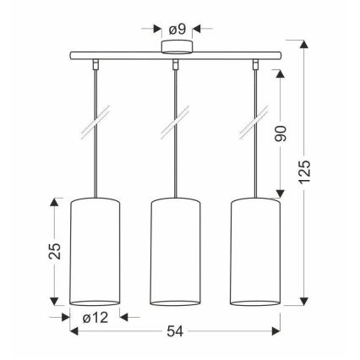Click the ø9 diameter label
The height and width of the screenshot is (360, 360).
click(x=177, y=30)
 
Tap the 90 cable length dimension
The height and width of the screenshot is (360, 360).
click(x=281, y=134)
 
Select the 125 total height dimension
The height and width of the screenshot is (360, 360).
click(x=304, y=172)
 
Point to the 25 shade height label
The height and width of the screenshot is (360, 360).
click(x=55, y=251)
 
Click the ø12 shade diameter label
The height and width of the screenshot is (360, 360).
click(x=95, y=318)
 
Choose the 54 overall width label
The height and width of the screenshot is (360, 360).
click(x=175, y=331)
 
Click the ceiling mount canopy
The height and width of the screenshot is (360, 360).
click(x=177, y=46)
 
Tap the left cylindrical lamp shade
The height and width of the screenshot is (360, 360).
click(x=95, y=252)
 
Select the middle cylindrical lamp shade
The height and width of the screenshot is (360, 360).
click(x=175, y=252)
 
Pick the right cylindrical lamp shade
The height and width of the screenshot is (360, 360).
click(x=255, y=252)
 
